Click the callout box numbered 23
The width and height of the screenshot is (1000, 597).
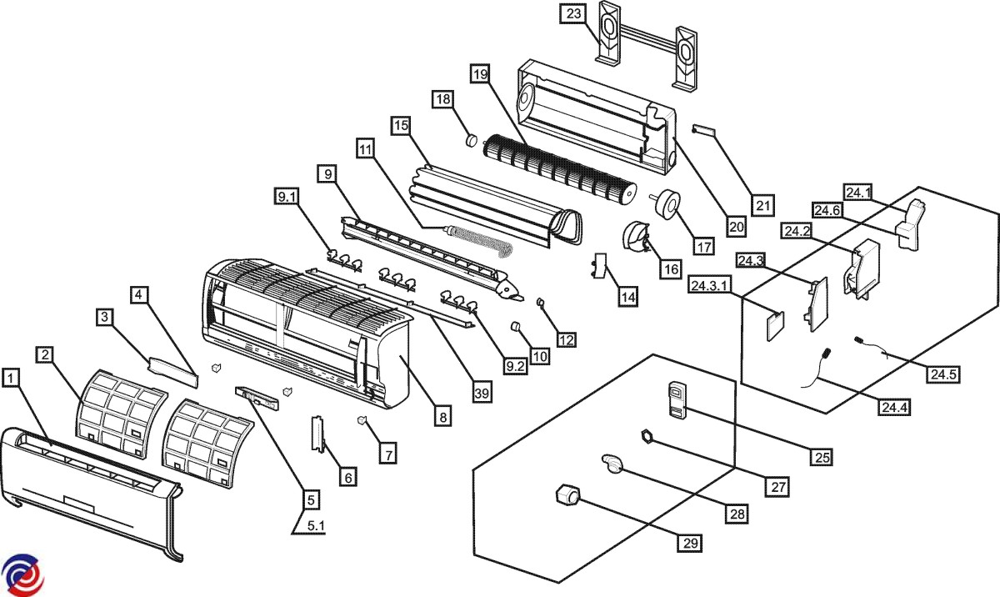pyautogui.click(x=573, y=14)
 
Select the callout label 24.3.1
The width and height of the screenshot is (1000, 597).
pyautogui.click(x=709, y=285)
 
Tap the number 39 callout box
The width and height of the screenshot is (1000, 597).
pyautogui.click(x=482, y=393)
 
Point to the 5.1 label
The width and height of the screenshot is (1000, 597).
pyautogui.click(x=316, y=525)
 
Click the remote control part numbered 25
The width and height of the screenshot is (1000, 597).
pyautogui.click(x=677, y=399)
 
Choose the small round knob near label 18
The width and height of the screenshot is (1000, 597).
pyautogui.click(x=471, y=139)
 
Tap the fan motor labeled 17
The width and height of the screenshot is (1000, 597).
pyautogui.click(x=664, y=205)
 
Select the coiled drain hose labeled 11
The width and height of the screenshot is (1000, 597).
pyautogui.click(x=480, y=243)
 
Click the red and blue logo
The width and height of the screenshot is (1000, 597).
pyautogui.click(x=22, y=575)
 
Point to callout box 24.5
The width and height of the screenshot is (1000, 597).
pyautogui.click(x=943, y=374)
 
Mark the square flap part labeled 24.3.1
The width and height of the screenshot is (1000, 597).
pyautogui.click(x=776, y=326)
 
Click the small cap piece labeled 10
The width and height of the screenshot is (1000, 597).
pyautogui.click(x=517, y=326)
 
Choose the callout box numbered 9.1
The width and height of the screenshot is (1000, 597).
pyautogui.click(x=286, y=197)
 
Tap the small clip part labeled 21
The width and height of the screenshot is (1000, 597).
pyautogui.click(x=702, y=131)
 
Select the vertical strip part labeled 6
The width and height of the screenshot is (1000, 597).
pyautogui.click(x=317, y=434)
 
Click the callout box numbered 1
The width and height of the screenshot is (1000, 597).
pyautogui.click(x=11, y=378)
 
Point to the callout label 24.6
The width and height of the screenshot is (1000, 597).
pyautogui.click(x=827, y=210)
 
